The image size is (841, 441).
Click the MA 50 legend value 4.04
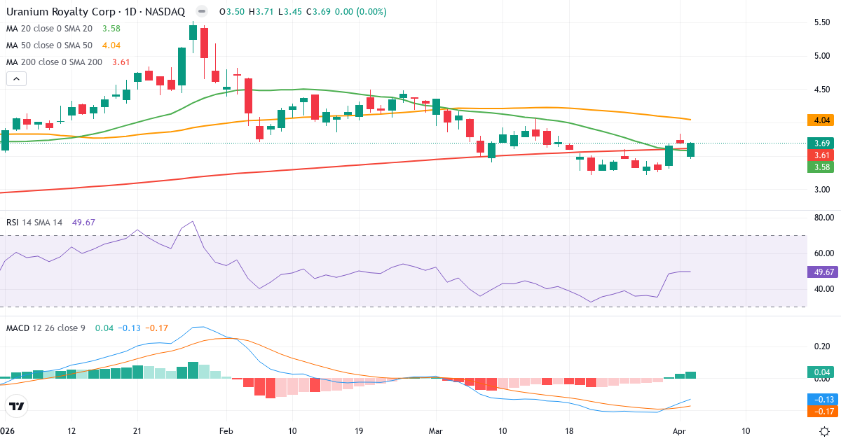pyautogui.click(x=111, y=45)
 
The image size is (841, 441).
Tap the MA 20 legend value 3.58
pyautogui.click(x=111, y=28)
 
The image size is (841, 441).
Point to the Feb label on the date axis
pyautogui.click(x=225, y=431)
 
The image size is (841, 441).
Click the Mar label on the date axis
pyautogui.click(x=436, y=431)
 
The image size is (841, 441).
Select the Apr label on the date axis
pyautogui.click(x=678, y=431)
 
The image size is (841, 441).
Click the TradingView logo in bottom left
pyautogui.click(x=16, y=406)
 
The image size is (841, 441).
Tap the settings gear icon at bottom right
pyautogui.click(x=826, y=431)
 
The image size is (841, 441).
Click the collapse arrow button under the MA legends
pyautogui.click(x=16, y=78)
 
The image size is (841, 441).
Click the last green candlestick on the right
pyautogui.click(x=691, y=149)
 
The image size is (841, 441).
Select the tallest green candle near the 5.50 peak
pyautogui.click(x=182, y=66)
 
